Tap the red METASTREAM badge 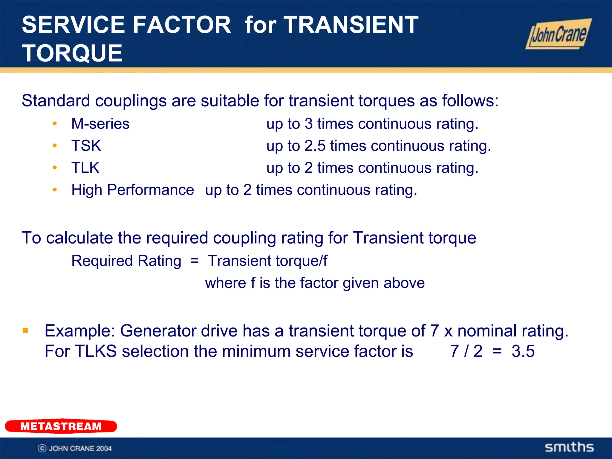point(61,426)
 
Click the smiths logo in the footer point(569,447)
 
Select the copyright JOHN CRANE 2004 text point(75,448)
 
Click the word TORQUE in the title point(72,53)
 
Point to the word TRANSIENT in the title point(351,25)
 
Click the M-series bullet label point(100,124)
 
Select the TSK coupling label point(86,146)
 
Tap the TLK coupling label point(85,168)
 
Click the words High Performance point(133,190)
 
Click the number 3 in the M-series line point(309,124)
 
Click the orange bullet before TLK point(55,168)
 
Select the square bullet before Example point(25,331)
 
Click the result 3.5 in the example point(523,351)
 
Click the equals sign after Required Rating point(195,261)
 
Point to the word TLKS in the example point(96,351)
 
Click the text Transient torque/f point(267,261)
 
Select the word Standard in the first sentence point(56,101)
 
